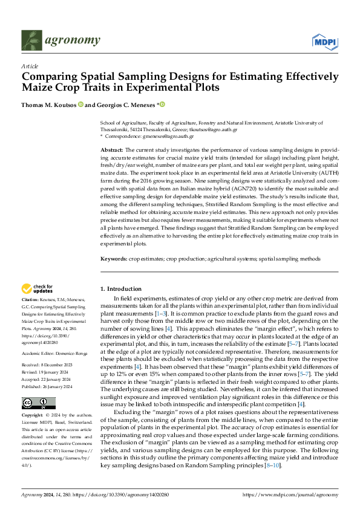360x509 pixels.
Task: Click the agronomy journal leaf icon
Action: pos(31,41)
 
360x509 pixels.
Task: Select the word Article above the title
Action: pos(30,66)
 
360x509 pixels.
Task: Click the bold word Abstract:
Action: pos(111,149)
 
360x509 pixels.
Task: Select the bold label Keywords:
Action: pos(114,259)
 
